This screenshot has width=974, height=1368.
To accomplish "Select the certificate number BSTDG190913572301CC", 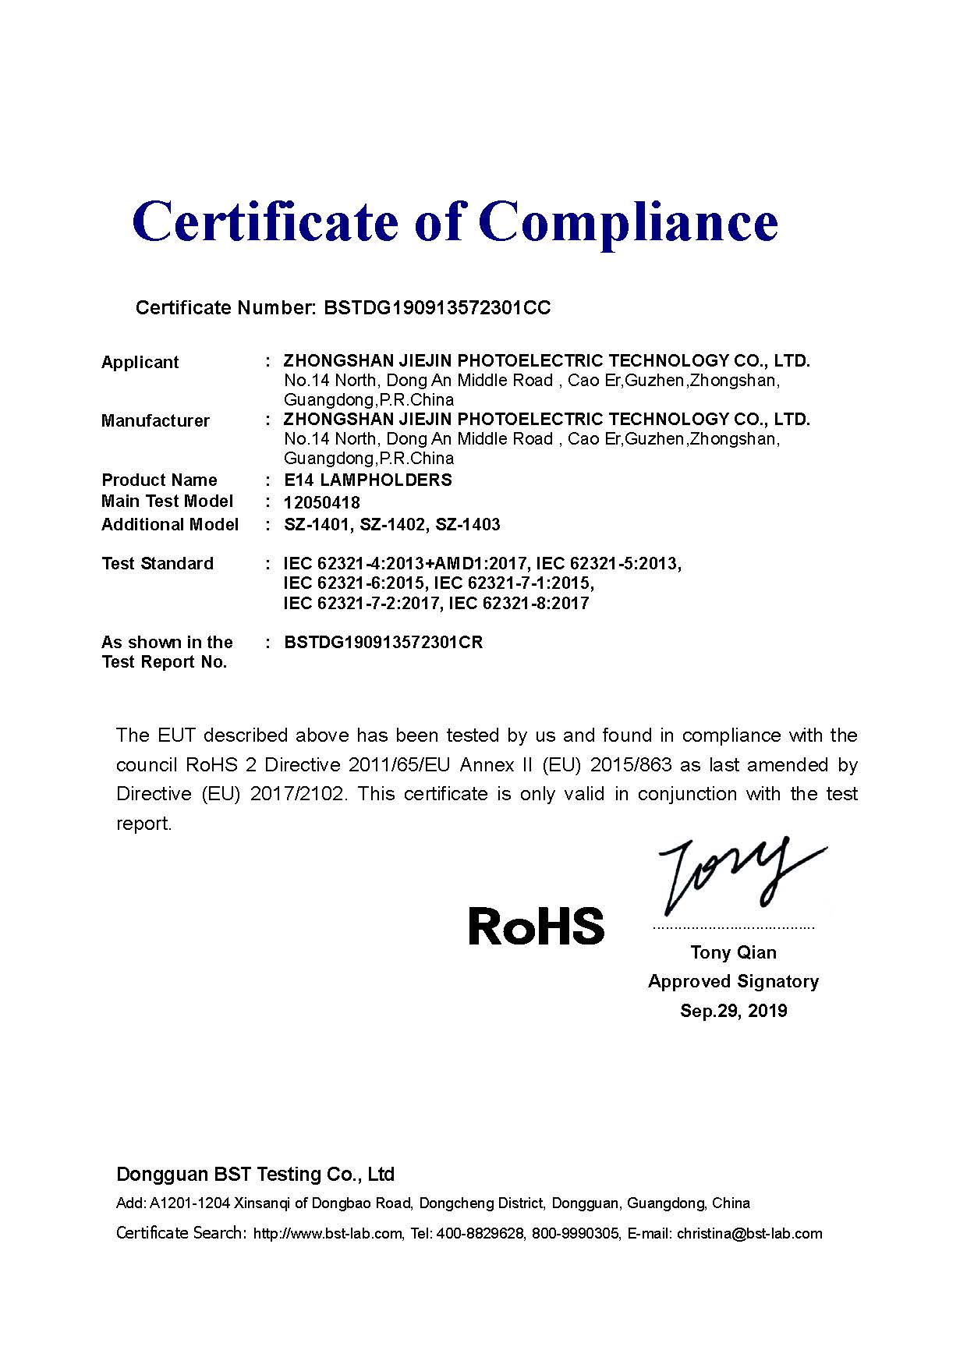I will pos(437,308).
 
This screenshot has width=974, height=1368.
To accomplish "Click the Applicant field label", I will pos(140,363).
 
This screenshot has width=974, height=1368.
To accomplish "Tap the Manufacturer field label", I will pos(155,421).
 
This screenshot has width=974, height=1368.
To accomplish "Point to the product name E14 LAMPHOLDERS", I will pos(368,480).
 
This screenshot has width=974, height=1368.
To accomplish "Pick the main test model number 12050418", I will pos(322,503).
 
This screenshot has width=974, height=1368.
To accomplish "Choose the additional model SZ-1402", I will pos(393,525).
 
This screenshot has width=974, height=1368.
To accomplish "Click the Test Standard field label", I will pos(158,564).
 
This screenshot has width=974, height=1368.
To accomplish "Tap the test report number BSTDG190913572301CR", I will pos(384,643).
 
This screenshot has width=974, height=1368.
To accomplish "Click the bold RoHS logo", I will pos(536,927).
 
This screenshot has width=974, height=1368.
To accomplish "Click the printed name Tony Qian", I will pos(733,952).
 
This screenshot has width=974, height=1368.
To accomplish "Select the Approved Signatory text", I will pos(733,982).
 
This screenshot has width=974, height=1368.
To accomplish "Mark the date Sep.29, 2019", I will pos(733,1012).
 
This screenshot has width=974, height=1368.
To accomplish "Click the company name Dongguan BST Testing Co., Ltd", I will pos(255,1175).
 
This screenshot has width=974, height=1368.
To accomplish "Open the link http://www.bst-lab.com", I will pos(328,1234).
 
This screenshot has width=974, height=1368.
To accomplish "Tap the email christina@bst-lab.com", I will pos(749,1234).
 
